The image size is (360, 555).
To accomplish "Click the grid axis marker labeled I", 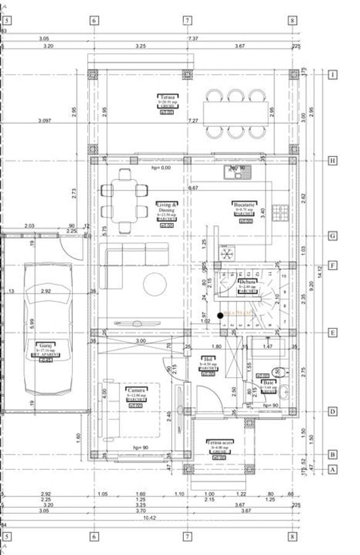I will point(333,75).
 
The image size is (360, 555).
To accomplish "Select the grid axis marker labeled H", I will point(333,161).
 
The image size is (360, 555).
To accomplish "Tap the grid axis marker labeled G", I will point(333,236).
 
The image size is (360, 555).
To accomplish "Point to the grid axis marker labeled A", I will point(333,469).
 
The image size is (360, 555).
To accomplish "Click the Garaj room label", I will point(43,349).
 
